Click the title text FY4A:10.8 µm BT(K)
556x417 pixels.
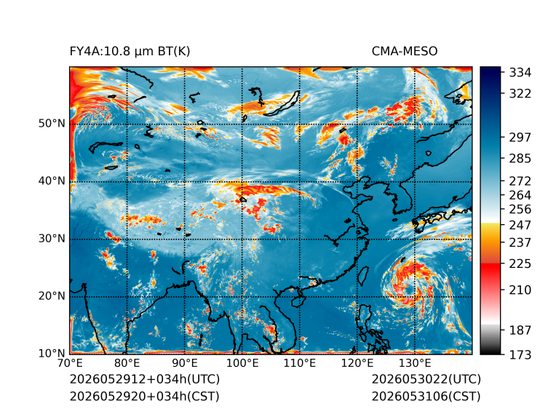pyautogui.click(x=130, y=52)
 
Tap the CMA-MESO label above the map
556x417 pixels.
pyautogui.click(x=404, y=52)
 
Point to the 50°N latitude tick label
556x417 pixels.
pyautogui.click(x=52, y=124)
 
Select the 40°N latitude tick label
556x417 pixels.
pyautogui.click(x=52, y=180)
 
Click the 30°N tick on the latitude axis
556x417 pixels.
pyautogui.click(x=52, y=238)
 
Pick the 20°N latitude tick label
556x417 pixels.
pyautogui.click(x=52, y=295)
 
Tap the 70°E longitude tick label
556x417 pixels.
pyautogui.click(x=70, y=363)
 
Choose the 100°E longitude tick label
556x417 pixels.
pyautogui.click(x=242, y=363)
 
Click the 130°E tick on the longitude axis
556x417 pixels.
pyautogui.click(x=415, y=363)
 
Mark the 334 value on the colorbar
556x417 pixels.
pyautogui.click(x=520, y=73)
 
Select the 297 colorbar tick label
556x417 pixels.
pyautogui.click(x=520, y=138)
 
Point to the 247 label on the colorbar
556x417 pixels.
pyautogui.click(x=520, y=225)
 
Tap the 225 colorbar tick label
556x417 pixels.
pyautogui.click(x=520, y=264)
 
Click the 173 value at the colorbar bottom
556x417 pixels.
pyautogui.click(x=520, y=354)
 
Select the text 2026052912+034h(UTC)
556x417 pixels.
pyautogui.click(x=145, y=379)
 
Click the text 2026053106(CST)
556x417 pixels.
pyautogui.click(x=426, y=397)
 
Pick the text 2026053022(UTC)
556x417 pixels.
pyautogui.click(x=426, y=379)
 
